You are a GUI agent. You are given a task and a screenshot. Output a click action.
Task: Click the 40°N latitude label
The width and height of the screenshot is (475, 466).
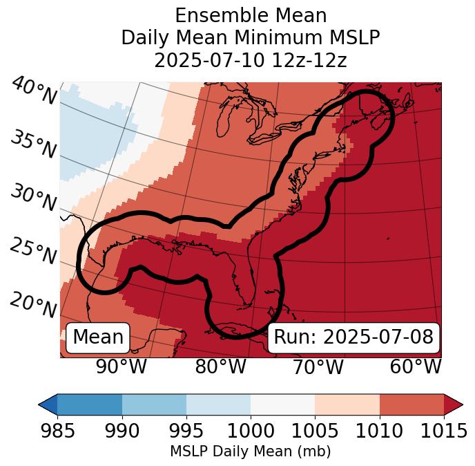click(x=34, y=92)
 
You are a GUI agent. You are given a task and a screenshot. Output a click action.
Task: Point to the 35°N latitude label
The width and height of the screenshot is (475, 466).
click(x=33, y=145)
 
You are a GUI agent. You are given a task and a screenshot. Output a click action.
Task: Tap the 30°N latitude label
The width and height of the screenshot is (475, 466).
click(x=33, y=198)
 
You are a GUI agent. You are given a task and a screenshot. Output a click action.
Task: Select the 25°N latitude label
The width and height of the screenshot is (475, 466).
click(x=33, y=252)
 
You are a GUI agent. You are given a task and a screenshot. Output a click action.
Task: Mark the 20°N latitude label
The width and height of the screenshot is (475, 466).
click(x=33, y=305)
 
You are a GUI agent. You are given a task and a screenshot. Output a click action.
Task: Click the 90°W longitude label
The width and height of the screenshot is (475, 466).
click(x=121, y=367)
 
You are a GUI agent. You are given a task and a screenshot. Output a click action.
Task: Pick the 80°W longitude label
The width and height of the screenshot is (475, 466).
click(x=220, y=367)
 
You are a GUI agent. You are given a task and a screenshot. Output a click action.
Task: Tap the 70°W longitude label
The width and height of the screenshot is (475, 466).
click(x=317, y=367)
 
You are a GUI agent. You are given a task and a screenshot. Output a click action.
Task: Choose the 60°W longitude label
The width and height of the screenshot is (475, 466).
click(x=415, y=367)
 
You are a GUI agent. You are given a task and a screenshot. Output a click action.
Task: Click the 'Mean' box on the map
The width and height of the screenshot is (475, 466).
click(x=98, y=337)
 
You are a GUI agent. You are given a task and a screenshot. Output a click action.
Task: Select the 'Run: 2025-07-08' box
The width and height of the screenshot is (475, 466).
click(x=353, y=337)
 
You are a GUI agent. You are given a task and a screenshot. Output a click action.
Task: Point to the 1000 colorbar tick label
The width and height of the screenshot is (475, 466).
click(x=251, y=431)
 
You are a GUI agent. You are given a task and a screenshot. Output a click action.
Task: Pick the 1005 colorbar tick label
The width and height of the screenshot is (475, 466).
click(x=315, y=431)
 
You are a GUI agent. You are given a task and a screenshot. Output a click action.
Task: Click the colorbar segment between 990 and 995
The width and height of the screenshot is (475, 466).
click(x=154, y=404)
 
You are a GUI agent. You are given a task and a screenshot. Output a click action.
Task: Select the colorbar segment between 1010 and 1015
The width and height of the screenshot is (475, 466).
click(x=411, y=404)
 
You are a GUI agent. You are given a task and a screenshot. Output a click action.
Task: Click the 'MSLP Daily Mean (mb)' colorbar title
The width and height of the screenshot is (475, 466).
click(x=251, y=451)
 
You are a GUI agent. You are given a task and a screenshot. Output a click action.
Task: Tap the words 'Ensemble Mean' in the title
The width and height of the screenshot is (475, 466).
click(x=251, y=15)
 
